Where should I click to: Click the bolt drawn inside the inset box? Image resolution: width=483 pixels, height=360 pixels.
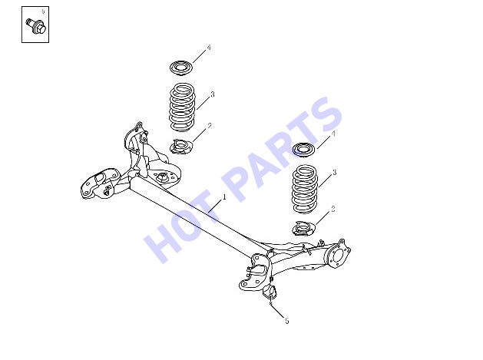point(36,26)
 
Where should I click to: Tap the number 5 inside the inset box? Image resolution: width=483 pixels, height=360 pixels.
point(43,12)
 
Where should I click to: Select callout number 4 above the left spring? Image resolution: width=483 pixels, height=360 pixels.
point(209,48)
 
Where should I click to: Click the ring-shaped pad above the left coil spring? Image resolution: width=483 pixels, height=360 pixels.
point(181,68)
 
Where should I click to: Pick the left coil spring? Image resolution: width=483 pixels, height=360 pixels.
point(182,107)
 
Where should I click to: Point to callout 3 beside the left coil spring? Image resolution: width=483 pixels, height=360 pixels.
point(212,94)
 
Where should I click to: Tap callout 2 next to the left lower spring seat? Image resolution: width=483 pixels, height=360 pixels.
point(210,126)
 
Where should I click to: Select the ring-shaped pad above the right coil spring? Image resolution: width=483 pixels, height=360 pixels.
point(304,150)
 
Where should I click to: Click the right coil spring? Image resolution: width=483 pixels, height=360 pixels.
point(304,190)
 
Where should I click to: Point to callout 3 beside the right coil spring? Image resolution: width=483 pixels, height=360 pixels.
point(335,173)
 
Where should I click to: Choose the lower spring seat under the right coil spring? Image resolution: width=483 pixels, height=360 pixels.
point(304,229)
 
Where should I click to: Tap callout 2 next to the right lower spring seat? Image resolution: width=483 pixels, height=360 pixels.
point(332,209)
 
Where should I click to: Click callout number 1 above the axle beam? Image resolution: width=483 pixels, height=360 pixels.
point(224,197)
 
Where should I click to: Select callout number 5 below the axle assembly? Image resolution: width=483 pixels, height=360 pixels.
point(287,321)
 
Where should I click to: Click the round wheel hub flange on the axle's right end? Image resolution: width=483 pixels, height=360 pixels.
point(338,255)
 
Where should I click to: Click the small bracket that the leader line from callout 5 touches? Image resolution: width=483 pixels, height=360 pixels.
point(270,292)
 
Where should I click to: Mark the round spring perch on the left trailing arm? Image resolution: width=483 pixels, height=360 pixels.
point(161,177)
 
